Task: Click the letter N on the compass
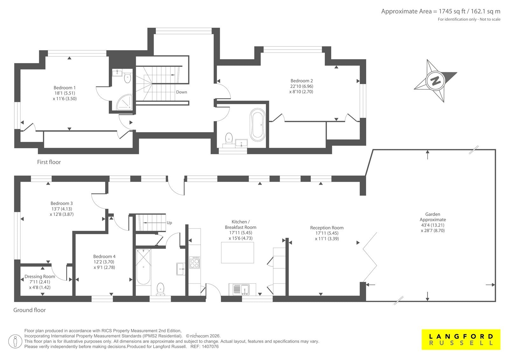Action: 435,81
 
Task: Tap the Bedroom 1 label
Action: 65,88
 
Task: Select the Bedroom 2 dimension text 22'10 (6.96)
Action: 302,86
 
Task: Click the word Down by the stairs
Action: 182,92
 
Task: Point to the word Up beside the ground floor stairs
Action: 169,223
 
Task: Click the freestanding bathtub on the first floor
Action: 257,125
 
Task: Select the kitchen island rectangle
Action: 237,253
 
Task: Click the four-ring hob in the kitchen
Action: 195,263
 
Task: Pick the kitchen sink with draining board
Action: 241,290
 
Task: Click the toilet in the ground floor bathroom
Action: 161,289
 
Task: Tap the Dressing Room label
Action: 40,277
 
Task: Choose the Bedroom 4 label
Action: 104,257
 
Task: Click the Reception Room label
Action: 327,228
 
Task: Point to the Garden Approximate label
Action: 433,217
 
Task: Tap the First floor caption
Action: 49,162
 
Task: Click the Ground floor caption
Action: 30,310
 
